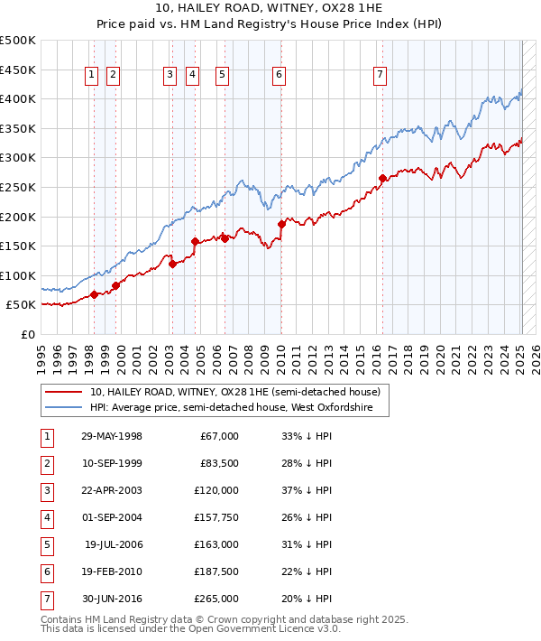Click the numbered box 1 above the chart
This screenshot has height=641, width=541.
[x=92, y=76]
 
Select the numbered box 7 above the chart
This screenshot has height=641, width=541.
[x=380, y=76]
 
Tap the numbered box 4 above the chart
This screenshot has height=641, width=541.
[x=192, y=76]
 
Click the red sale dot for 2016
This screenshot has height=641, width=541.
[x=382, y=178]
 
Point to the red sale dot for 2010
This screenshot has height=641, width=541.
[x=281, y=224]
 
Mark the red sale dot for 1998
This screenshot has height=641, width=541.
[x=94, y=294]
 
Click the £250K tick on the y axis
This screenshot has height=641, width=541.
[x=18, y=187]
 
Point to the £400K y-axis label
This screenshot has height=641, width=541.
[x=18, y=98]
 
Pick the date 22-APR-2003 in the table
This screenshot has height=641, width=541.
[x=112, y=490]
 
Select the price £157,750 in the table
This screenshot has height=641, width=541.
[x=216, y=517]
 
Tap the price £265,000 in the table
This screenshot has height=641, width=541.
[x=216, y=599]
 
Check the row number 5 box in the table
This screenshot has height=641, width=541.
[x=46, y=544]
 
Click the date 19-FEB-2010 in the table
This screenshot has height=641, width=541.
[x=112, y=571]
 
